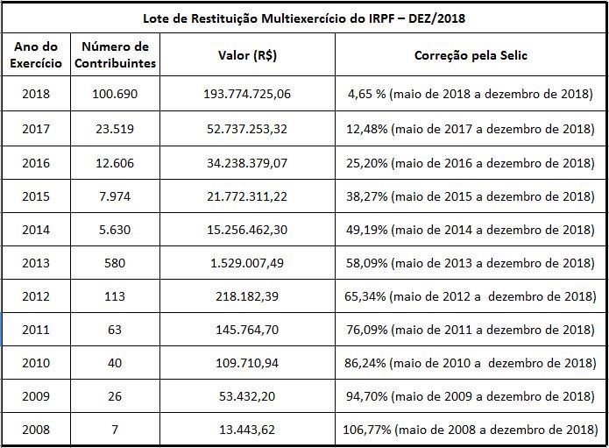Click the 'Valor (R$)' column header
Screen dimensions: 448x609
coord(248,55)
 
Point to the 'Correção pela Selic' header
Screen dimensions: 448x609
coord(471,55)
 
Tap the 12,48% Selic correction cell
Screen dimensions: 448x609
coord(471,129)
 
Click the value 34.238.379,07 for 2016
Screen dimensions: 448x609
coord(248,162)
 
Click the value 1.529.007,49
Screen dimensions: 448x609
coord(248,262)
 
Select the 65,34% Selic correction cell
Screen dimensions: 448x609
coord(471,295)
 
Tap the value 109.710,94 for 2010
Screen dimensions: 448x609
coord(248,363)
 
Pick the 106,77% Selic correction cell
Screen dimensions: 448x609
coord(471,430)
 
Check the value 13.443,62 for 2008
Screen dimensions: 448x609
coord(248,430)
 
